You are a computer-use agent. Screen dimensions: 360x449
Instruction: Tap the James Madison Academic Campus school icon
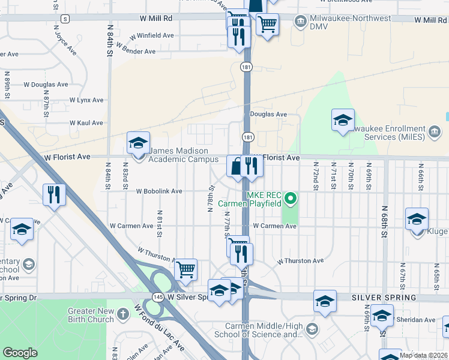[x=138, y=143]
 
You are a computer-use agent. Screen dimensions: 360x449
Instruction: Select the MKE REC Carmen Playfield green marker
[x=291, y=197]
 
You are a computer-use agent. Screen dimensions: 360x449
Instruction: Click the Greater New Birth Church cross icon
[x=122, y=314]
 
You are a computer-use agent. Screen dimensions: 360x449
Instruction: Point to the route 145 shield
[x=158, y=297]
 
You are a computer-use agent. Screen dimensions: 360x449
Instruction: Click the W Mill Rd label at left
[x=155, y=19]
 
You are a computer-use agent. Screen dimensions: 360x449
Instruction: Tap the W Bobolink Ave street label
[x=159, y=191]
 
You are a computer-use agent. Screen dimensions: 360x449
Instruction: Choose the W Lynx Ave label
[x=86, y=100]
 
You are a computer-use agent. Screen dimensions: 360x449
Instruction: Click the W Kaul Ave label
[x=86, y=123]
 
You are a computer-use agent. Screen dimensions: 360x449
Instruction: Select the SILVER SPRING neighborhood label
[x=384, y=298]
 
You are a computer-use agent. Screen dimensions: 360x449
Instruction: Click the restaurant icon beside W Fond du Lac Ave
[x=54, y=194]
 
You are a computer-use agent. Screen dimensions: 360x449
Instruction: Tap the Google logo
[x=20, y=353]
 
